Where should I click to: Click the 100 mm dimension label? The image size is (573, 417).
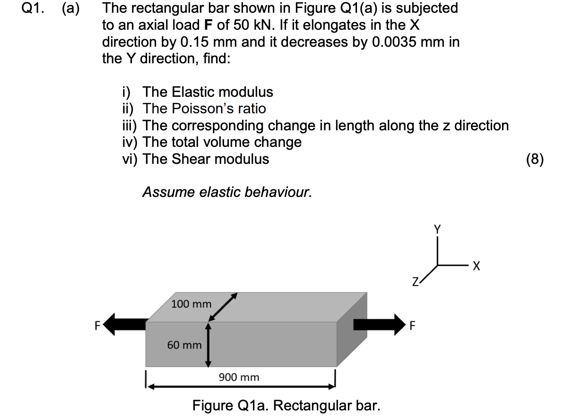coord(191,304)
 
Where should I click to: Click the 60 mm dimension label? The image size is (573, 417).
coord(184,345)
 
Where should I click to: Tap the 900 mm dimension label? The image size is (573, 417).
coord(239,377)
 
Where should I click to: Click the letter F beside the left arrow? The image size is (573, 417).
coord(98,325)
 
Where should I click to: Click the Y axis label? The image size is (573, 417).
coord(437,230)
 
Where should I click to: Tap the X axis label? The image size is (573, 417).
coord(476,267)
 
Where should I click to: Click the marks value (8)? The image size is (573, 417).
coord(535,159)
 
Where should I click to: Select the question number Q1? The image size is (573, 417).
coord(32,8)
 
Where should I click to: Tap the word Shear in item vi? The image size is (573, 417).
coord(191,159)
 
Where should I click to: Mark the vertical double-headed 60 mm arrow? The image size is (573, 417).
coord(208,345)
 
